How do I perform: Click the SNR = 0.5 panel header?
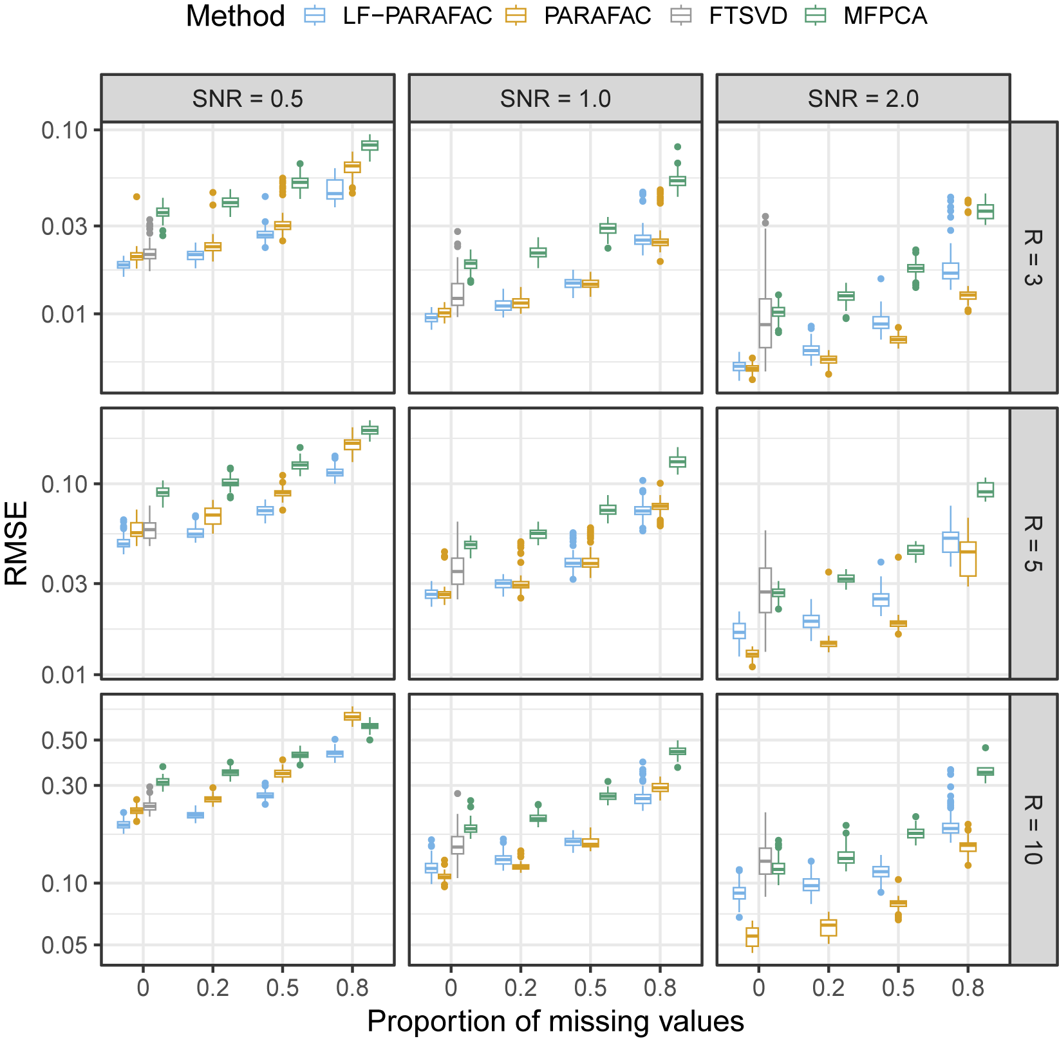(x=248, y=98)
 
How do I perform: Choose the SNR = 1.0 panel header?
(x=556, y=98)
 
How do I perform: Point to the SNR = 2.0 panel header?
(x=863, y=98)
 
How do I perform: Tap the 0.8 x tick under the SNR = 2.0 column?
(x=968, y=988)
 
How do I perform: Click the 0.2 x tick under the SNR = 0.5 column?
(x=212, y=988)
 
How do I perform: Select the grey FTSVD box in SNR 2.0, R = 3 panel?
(x=765, y=323)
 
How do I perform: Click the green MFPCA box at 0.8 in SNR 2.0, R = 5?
(x=985, y=490)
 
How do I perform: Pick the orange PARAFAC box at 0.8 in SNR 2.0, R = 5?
(x=968, y=559)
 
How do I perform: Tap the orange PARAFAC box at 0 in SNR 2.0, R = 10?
(x=752, y=937)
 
